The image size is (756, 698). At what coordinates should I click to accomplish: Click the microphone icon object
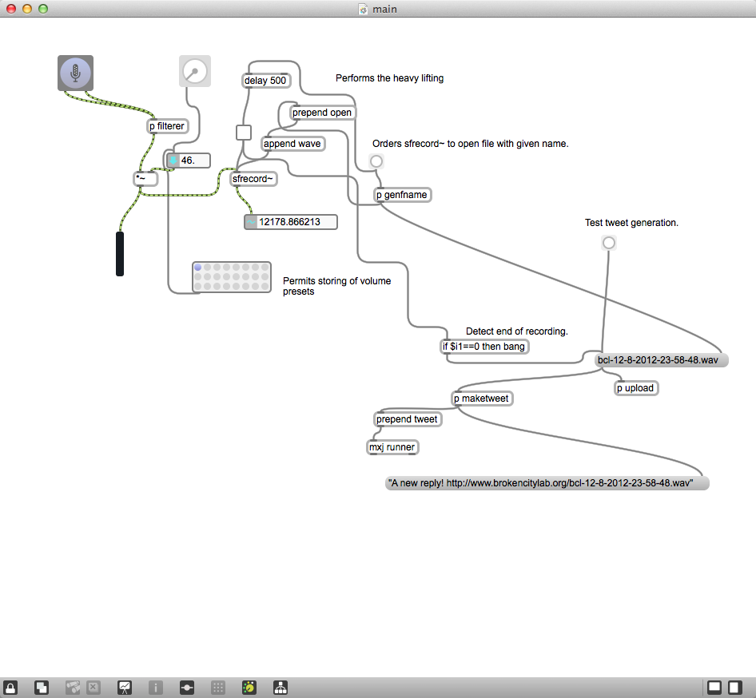tap(75, 73)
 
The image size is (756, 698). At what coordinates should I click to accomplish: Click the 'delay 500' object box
tap(265, 81)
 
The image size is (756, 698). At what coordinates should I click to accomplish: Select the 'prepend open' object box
tap(323, 113)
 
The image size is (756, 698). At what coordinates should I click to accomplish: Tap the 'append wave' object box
tap(292, 144)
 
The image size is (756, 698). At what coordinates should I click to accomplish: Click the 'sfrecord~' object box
tap(253, 179)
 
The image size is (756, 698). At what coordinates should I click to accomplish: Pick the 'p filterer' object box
tap(167, 126)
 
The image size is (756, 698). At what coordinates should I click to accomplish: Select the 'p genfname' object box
tap(403, 195)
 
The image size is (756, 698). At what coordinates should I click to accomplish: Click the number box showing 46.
tap(189, 161)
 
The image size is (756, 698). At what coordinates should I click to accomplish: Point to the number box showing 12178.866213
tap(291, 222)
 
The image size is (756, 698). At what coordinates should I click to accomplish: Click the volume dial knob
tap(195, 71)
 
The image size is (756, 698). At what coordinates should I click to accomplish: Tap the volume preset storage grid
tap(232, 277)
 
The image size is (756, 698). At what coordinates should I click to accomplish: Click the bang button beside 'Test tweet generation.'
tap(609, 243)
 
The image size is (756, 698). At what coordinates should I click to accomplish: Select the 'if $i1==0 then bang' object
tap(484, 347)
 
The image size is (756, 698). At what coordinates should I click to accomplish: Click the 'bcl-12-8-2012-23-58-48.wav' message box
tap(661, 360)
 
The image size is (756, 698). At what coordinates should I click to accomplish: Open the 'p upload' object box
tap(636, 388)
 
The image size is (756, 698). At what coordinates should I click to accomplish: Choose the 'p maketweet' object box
tap(482, 399)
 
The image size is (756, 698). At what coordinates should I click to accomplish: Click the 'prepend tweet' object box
tap(408, 419)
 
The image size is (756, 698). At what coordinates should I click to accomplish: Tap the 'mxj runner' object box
tap(393, 447)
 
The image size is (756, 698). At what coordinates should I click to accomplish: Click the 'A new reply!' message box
tap(547, 483)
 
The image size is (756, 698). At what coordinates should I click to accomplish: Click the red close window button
tap(10, 9)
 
